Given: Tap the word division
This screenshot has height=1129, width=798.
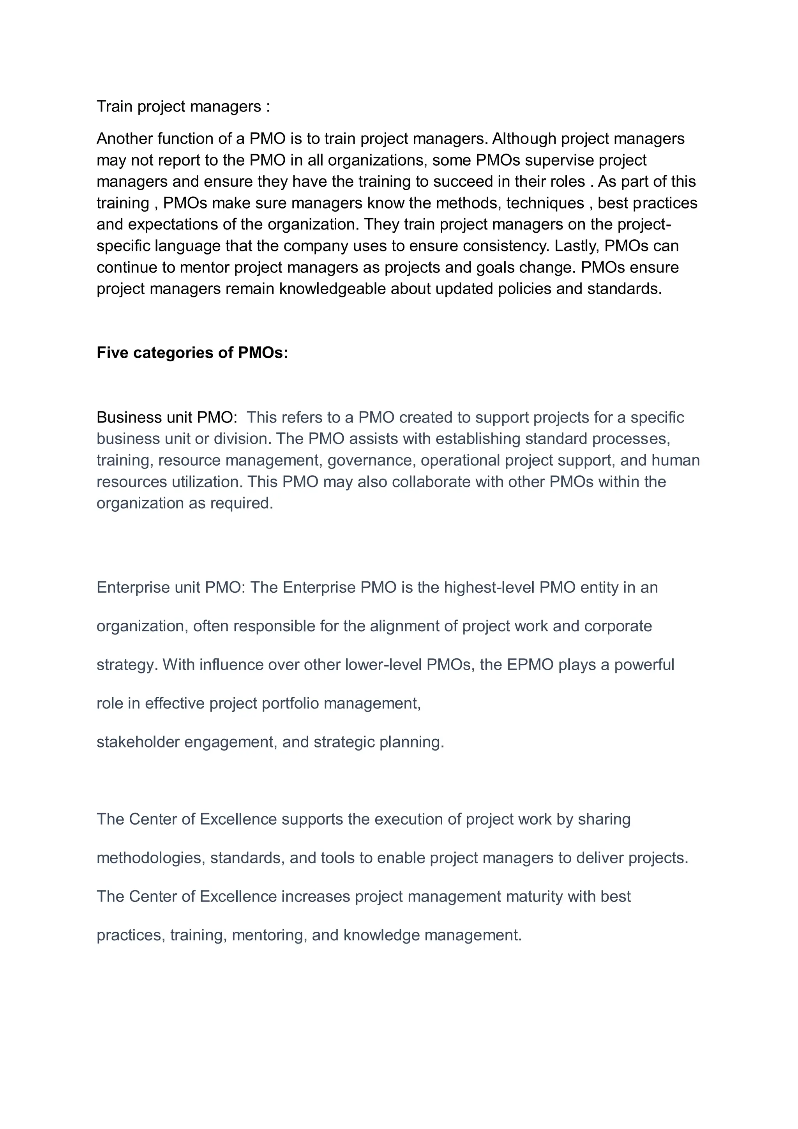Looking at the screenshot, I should tap(242, 438).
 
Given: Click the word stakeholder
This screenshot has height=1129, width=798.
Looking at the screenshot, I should tap(138, 742).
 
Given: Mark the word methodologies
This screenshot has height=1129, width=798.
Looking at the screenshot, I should tap(150, 858).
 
